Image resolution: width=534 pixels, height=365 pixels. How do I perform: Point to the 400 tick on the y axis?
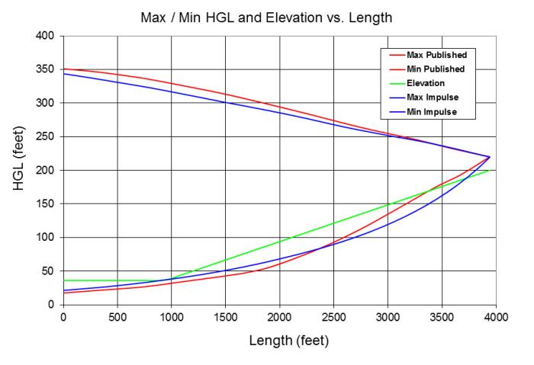pos(47,36)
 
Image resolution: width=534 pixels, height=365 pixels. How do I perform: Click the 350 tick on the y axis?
pos(47,69)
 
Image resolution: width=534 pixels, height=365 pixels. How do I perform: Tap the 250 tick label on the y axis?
pos(47,136)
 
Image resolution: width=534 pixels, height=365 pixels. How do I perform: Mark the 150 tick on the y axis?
pos(47,203)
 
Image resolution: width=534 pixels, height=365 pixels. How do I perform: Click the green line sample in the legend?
pos(396,84)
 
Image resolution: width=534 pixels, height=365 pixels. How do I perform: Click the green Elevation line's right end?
pos(489,170)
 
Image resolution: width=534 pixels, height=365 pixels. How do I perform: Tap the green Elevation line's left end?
pos(63,280)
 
